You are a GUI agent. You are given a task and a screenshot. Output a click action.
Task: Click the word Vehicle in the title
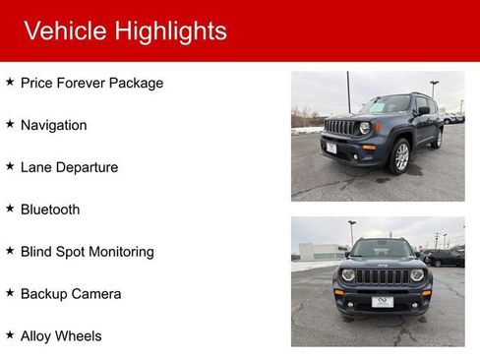click(65, 31)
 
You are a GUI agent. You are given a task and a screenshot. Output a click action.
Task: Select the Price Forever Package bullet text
click(91, 84)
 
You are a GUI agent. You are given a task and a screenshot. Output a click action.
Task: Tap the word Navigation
click(53, 126)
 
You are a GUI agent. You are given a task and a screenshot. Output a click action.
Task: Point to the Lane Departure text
click(69, 168)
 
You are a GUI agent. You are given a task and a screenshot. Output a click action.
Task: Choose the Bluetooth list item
click(50, 210)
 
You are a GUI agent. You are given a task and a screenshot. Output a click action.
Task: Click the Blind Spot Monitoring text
click(88, 252)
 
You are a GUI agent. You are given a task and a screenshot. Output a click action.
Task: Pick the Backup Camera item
click(71, 294)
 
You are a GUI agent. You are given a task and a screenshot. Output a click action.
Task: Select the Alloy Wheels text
click(61, 336)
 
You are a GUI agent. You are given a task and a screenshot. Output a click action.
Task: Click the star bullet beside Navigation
click(10, 124)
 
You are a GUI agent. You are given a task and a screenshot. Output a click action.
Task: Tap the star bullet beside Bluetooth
click(10, 209)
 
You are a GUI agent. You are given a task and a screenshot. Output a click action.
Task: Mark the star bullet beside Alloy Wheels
click(10, 335)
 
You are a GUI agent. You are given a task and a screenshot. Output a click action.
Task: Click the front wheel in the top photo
click(400, 156)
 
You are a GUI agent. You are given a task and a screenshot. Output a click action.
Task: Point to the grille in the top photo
click(339, 128)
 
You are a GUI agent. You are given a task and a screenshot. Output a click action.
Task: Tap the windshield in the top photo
click(387, 105)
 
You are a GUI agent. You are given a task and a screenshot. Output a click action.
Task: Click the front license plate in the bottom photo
click(382, 302)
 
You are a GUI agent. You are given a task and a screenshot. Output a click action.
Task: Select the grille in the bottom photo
click(383, 276)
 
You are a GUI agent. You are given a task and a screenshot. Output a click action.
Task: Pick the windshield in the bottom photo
click(382, 250)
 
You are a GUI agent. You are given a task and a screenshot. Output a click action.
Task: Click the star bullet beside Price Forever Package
click(10, 83)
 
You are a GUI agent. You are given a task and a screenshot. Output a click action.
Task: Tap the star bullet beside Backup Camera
click(10, 293)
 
